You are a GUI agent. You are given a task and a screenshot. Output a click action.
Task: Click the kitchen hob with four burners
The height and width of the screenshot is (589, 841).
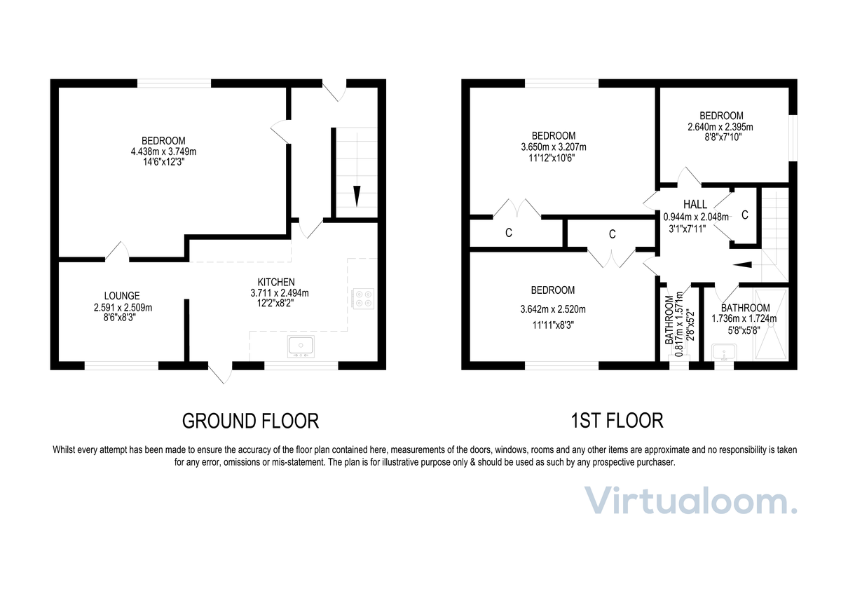[363, 299]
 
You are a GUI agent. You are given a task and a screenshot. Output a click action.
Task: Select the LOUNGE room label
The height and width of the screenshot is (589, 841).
[122, 296]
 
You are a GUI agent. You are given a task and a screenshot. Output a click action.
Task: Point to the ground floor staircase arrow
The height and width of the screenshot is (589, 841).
[357, 195]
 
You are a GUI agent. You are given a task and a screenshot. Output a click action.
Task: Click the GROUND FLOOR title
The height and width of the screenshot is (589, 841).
[250, 421]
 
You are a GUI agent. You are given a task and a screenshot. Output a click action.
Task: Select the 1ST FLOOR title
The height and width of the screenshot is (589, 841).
[616, 421]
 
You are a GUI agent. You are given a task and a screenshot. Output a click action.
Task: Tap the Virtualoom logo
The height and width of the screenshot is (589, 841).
[691, 501]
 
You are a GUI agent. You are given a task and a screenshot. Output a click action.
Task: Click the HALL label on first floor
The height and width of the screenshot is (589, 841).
[695, 204]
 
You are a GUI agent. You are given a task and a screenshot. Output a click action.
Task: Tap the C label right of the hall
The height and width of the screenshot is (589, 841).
[745, 215]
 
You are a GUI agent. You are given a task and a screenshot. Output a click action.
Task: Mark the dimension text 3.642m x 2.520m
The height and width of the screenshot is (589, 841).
[552, 309]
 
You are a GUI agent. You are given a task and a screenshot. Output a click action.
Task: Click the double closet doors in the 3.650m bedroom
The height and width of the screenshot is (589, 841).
[517, 208]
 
